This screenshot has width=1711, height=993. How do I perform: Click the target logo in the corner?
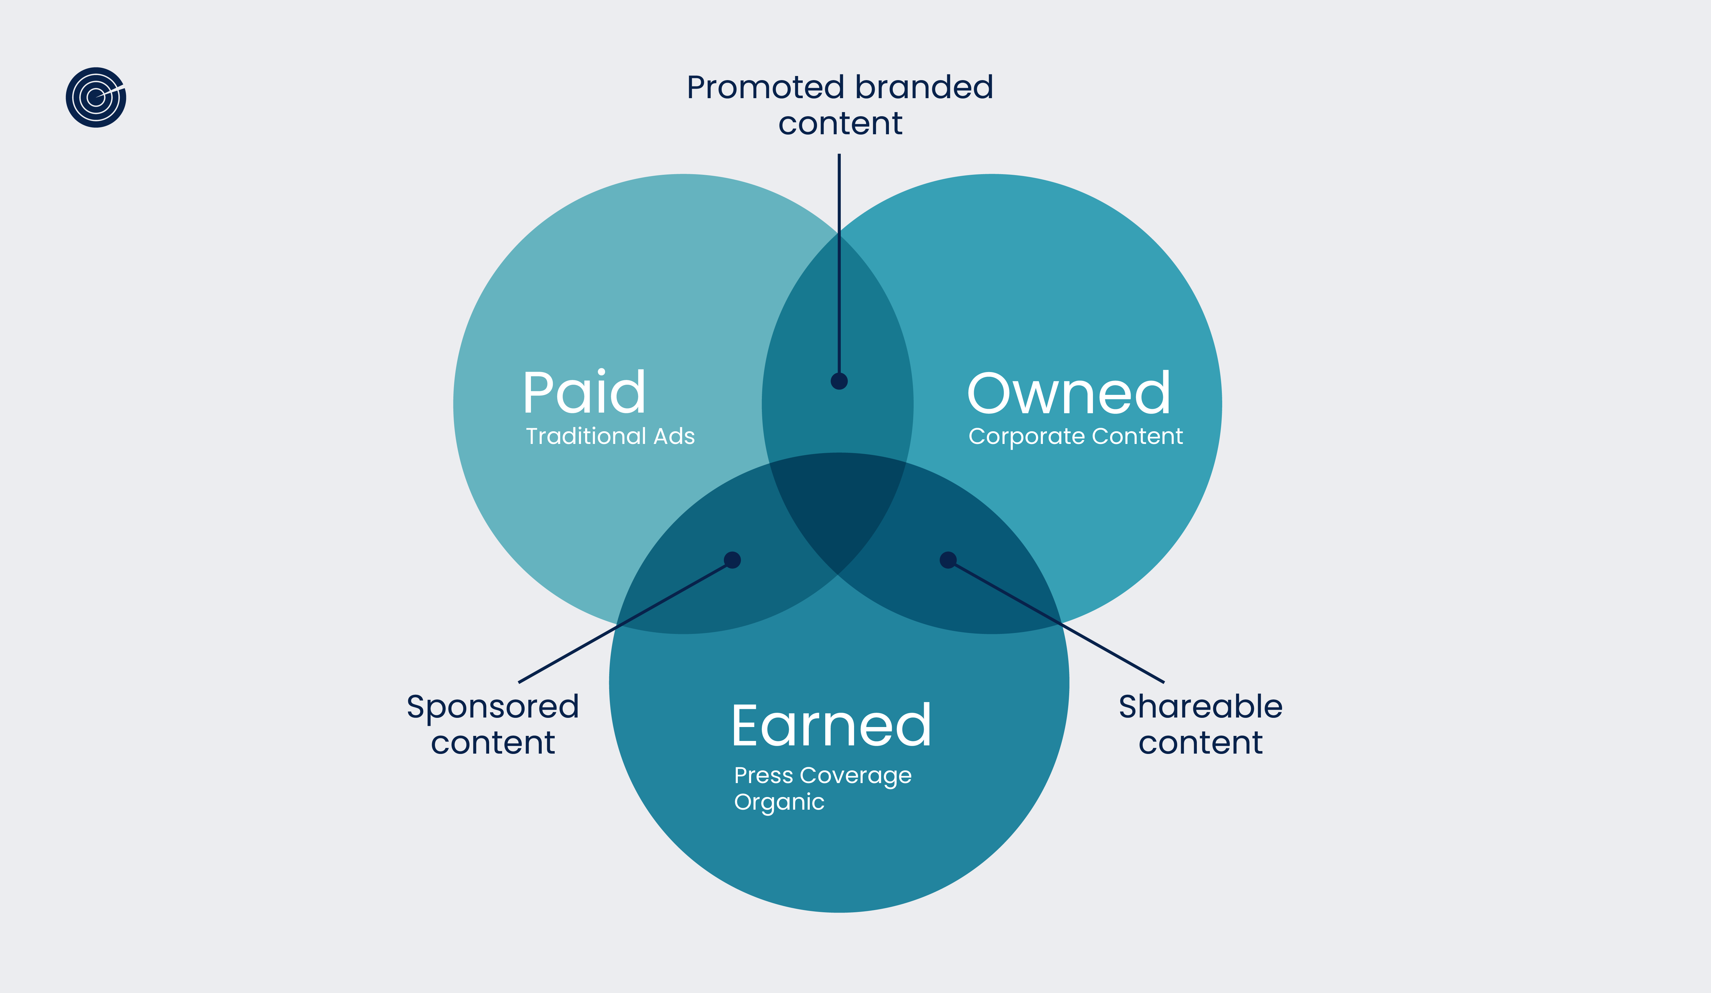tap(96, 97)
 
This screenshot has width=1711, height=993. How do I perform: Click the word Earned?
tap(831, 726)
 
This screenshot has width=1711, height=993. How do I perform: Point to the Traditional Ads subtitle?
tap(610, 436)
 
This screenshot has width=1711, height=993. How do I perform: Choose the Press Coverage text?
tap(822, 775)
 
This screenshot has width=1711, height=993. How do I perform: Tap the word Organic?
tap(779, 802)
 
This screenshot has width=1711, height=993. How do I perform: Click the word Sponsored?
tap(492, 707)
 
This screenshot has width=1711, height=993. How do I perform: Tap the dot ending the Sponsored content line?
tap(732, 560)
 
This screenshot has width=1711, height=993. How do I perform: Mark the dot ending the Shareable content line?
tap(948, 560)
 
